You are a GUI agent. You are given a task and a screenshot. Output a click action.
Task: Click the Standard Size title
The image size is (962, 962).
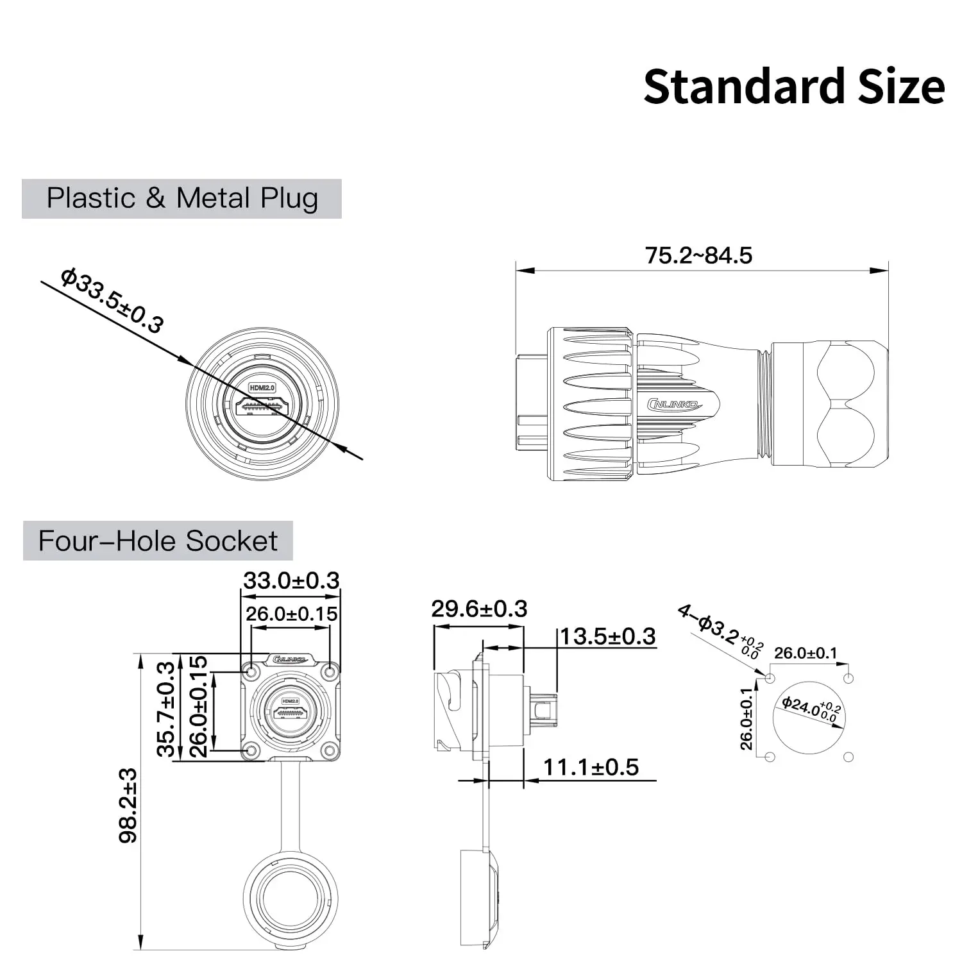click(x=794, y=87)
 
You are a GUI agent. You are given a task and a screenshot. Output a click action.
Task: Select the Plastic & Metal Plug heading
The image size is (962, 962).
click(x=182, y=198)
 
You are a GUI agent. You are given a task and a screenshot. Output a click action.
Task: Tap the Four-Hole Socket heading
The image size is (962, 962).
click(x=158, y=541)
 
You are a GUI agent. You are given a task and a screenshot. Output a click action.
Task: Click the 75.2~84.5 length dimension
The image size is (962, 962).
click(x=698, y=255)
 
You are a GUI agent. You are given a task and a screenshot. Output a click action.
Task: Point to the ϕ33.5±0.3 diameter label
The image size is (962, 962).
click(x=112, y=301)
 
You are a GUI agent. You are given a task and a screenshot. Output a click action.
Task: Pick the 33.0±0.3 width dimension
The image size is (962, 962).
click(x=291, y=580)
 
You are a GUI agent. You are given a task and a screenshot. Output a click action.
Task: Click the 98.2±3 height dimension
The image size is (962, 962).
click(x=128, y=805)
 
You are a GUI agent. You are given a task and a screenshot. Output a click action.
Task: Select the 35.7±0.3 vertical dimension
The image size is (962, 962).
click(x=166, y=709)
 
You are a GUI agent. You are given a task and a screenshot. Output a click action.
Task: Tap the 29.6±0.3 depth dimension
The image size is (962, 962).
click(x=479, y=609)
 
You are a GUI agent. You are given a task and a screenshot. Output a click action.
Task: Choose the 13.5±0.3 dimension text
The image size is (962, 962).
click(x=608, y=636)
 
